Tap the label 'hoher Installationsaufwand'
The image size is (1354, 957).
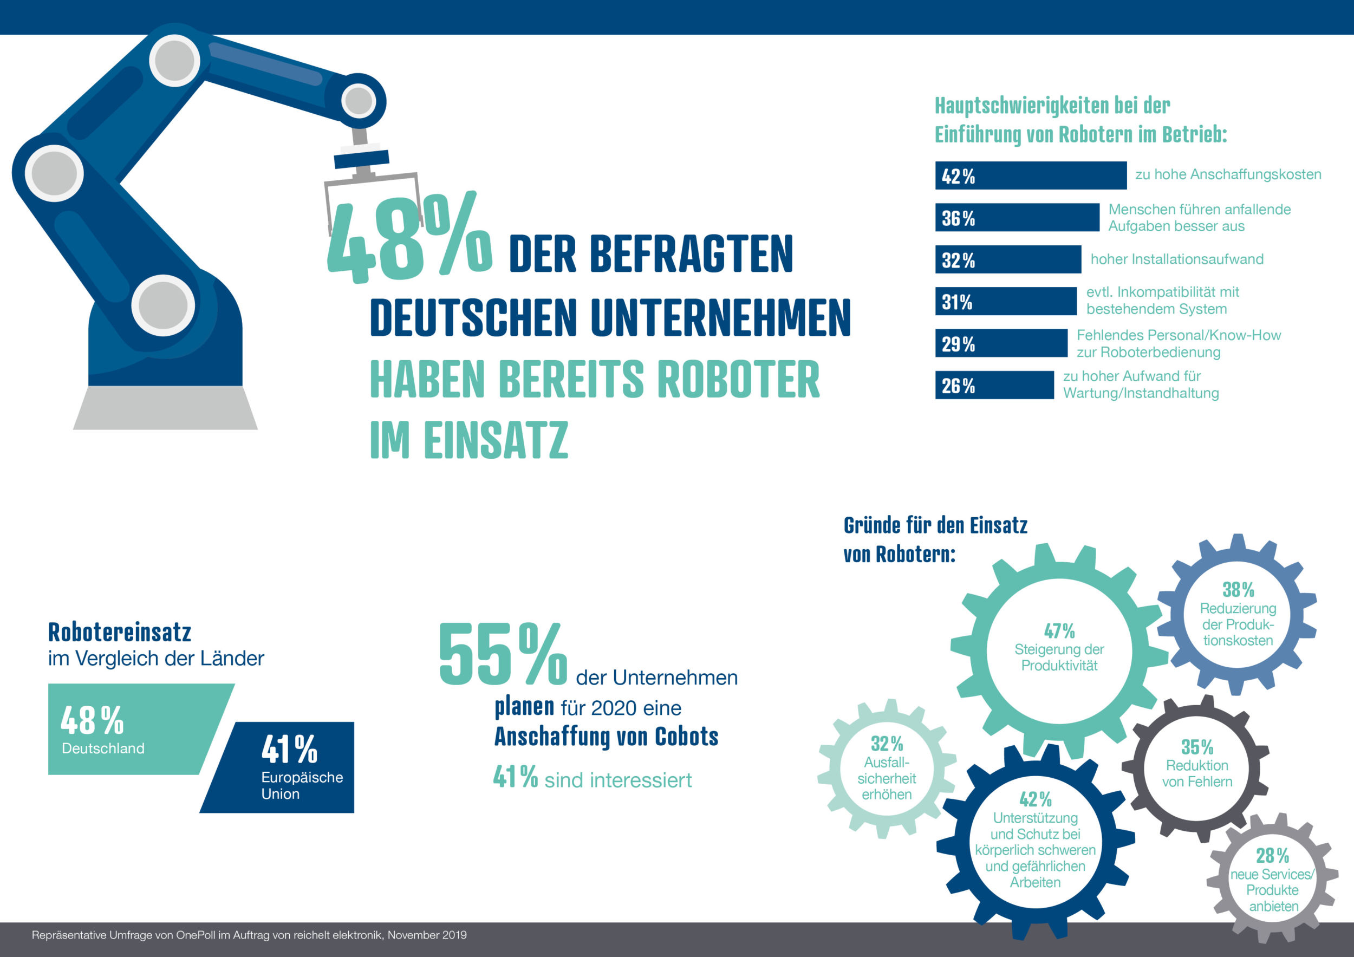pos(1176,259)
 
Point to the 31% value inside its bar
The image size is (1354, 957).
pos(956,302)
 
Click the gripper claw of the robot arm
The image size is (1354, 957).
pos(372,188)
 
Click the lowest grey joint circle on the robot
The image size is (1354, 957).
pos(163,305)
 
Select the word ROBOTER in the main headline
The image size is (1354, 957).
pos(738,380)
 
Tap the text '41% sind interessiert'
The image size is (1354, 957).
pos(592,778)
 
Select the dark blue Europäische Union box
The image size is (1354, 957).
pos(289,767)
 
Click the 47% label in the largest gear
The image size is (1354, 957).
pos(1059,631)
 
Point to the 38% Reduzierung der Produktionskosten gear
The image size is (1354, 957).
pos(1237,616)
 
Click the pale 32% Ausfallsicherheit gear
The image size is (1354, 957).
pos(887,769)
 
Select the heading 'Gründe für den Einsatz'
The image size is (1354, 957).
pos(935,525)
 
